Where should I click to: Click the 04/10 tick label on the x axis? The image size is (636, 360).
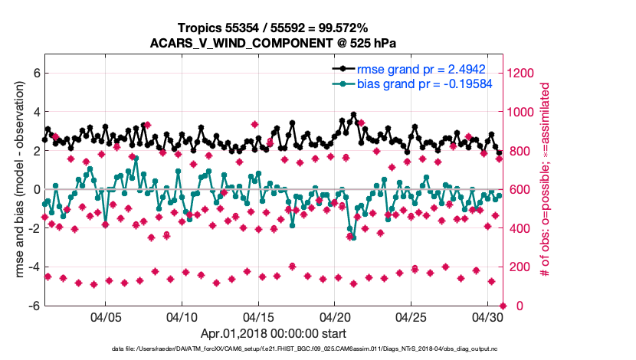[x=182, y=317]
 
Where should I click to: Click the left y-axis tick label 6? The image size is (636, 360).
[x=35, y=74]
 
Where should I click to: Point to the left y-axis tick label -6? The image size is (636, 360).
[x=33, y=306]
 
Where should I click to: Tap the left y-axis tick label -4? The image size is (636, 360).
[x=33, y=267]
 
